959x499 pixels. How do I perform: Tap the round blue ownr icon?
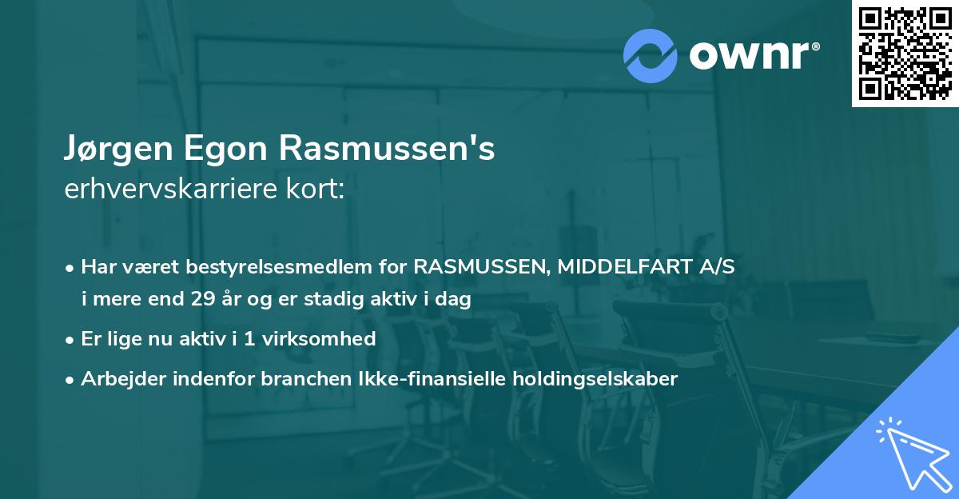pyautogui.click(x=651, y=55)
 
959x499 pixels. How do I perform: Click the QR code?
pyautogui.click(x=905, y=53)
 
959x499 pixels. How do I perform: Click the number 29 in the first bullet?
pyautogui.click(x=204, y=300)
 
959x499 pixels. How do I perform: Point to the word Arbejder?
pyautogui.click(x=117, y=379)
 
